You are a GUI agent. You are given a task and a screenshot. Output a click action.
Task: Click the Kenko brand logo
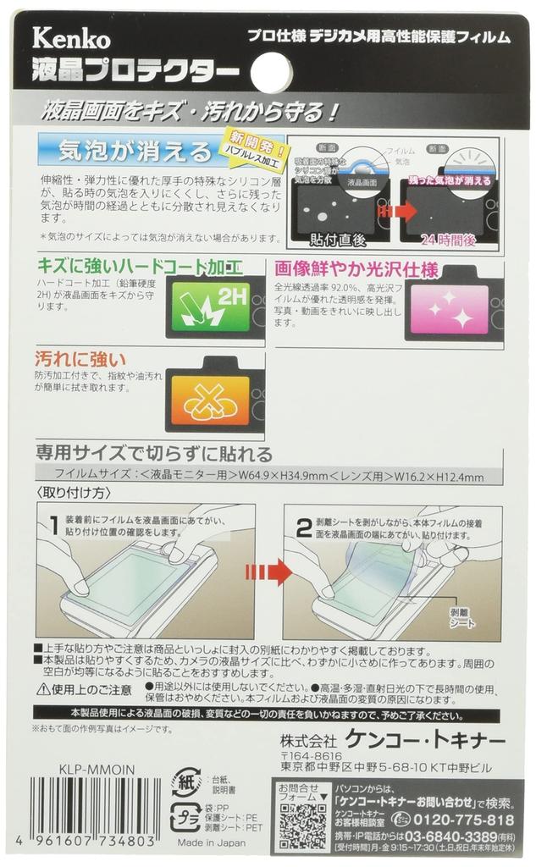[71, 37]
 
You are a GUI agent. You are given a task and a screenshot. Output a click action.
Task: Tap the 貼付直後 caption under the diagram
[338, 240]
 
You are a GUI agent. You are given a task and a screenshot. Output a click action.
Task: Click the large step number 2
[302, 526]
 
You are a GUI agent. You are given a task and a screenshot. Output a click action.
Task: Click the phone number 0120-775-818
[464, 820]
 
